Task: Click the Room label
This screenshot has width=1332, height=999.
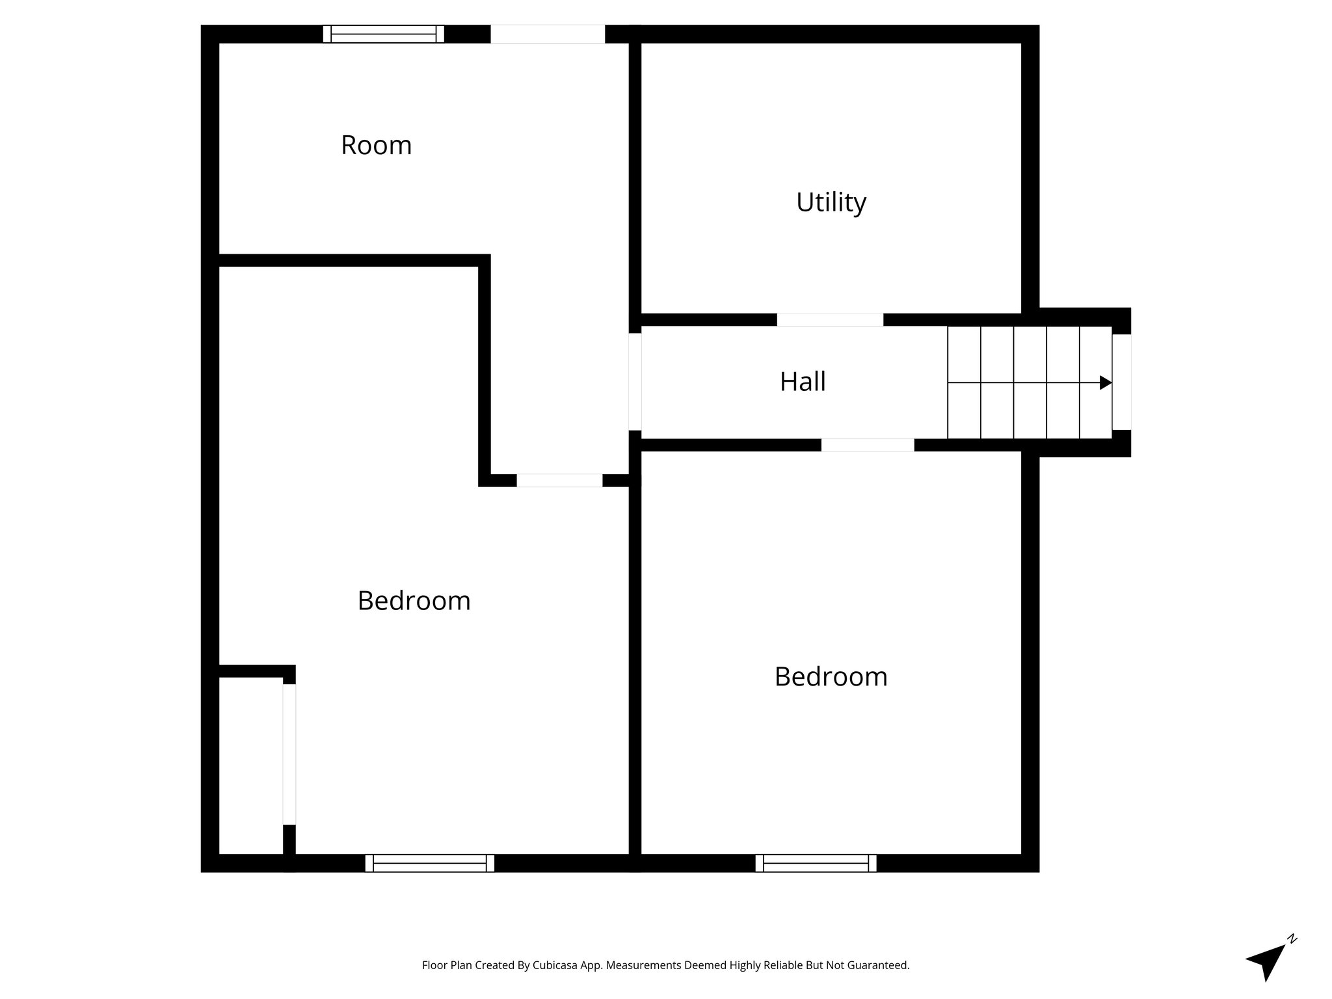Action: click(376, 145)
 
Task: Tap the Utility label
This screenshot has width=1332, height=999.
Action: click(831, 202)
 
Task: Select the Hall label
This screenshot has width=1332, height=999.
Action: click(802, 382)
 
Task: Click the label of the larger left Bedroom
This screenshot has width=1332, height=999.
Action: click(414, 600)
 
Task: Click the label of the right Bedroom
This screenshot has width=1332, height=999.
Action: click(831, 677)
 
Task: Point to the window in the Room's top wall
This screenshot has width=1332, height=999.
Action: click(384, 34)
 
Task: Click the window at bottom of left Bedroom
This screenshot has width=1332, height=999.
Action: click(429, 863)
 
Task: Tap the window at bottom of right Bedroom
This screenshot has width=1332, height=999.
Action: click(816, 863)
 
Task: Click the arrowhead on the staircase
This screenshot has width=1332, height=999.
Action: click(1105, 382)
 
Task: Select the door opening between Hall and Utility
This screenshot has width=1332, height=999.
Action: click(830, 319)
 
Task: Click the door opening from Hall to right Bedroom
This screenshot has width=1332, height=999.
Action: click(867, 445)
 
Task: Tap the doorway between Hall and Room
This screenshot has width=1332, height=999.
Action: click(635, 382)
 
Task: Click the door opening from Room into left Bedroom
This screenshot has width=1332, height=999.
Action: click(559, 481)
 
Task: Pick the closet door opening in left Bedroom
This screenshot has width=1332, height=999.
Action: click(289, 754)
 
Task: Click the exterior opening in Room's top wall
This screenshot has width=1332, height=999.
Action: click(548, 34)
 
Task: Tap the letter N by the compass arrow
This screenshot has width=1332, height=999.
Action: click(1292, 939)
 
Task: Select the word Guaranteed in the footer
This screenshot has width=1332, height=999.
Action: click(877, 965)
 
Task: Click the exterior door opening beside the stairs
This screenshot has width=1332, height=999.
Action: click(1121, 382)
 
